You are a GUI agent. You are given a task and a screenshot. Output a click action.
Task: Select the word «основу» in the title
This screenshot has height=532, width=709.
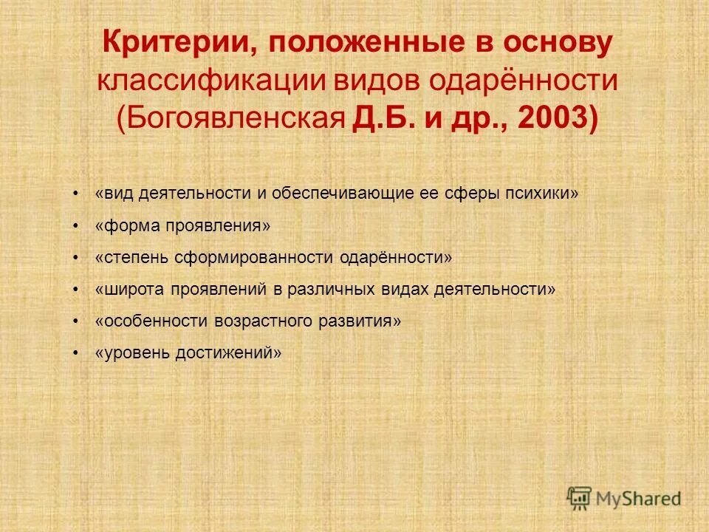click(558, 44)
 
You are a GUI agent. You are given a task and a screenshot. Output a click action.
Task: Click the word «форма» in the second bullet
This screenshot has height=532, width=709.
click(126, 225)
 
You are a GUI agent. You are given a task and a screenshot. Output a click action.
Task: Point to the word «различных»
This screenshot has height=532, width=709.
click(334, 289)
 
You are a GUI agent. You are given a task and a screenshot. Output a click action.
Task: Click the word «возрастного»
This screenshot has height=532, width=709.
click(264, 321)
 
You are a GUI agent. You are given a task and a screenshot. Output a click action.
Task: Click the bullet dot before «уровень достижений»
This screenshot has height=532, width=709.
click(76, 353)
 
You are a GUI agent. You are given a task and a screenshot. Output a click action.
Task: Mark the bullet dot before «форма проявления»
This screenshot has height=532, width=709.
click(76, 225)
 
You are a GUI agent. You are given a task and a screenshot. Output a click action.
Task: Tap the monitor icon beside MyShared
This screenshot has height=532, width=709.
click(580, 497)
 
